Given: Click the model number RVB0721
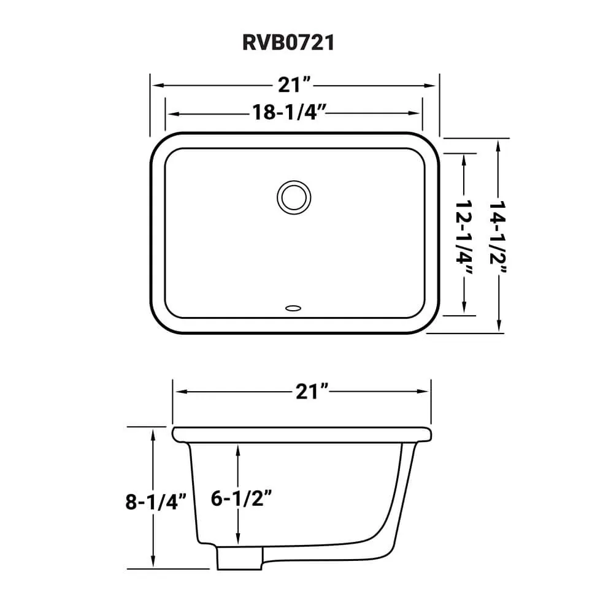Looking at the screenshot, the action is tap(288, 42).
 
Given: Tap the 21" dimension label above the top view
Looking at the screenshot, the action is tap(294, 85).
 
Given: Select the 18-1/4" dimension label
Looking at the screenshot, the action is tap(289, 113).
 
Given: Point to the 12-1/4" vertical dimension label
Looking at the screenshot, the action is tap(464, 237).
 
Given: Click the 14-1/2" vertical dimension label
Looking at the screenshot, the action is tap(498, 237).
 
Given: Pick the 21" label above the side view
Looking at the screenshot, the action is tap(312, 391).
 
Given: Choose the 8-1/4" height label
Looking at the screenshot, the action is tap(155, 502).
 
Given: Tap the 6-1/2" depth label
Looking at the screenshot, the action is tap(241, 498).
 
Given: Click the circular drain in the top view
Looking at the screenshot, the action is tap(294, 197).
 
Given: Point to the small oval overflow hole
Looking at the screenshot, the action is tap(293, 308).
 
